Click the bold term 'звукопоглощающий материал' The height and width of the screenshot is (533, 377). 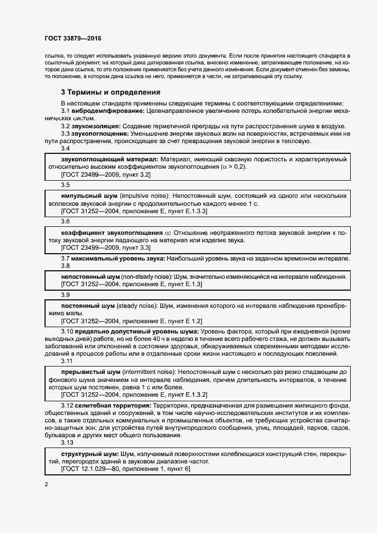coord(110,159)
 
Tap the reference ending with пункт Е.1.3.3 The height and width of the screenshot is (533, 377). coord(134,211)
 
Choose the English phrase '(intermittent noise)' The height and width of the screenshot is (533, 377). coord(151,371)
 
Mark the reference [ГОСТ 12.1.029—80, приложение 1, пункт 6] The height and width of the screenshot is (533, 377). coord(126,469)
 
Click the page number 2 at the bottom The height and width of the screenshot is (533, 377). coord(46,485)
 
